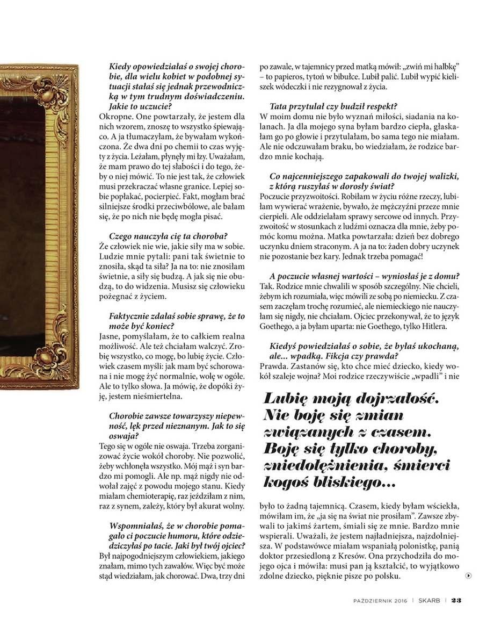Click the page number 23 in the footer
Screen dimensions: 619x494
[x=456, y=601]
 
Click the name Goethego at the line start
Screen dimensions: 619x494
[x=278, y=327]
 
